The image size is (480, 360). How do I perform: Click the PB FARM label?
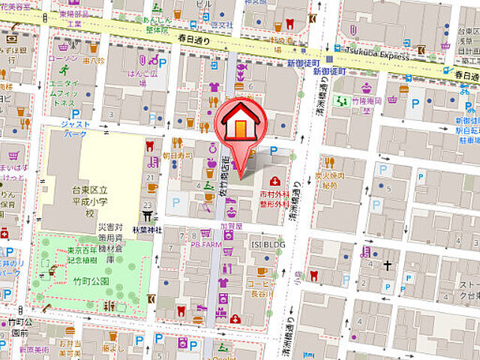coord(205,244)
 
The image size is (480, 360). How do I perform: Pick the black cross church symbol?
coord(388,265)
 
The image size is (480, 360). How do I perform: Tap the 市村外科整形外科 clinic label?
coord(274,196)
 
